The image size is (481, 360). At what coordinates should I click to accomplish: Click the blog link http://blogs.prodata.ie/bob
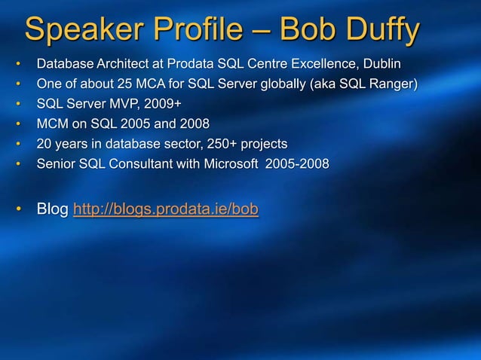coord(165,208)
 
